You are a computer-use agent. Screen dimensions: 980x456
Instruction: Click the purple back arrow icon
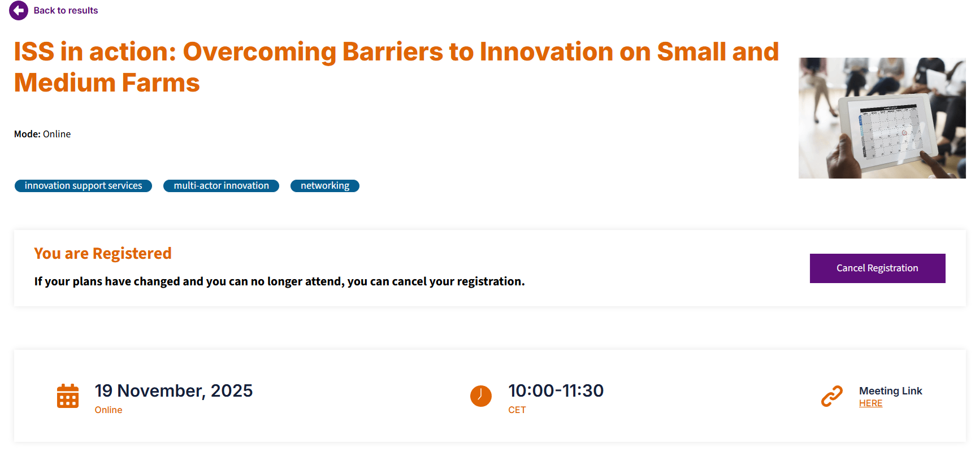pyautogui.click(x=19, y=10)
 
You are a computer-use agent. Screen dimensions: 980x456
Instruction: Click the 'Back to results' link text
pyautogui.click(x=66, y=10)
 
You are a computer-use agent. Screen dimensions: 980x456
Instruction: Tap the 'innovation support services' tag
pyautogui.click(x=83, y=186)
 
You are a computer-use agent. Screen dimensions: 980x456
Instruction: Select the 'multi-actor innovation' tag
pyautogui.click(x=221, y=186)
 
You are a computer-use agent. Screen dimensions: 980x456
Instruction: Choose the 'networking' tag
pyautogui.click(x=325, y=186)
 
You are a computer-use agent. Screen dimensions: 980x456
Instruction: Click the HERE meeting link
pyautogui.click(x=870, y=403)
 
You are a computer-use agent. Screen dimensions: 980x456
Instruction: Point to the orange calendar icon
pyautogui.click(x=68, y=396)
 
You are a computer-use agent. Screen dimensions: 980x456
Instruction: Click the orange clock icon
pyautogui.click(x=481, y=396)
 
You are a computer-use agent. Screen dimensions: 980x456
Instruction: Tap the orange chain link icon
pyautogui.click(x=832, y=396)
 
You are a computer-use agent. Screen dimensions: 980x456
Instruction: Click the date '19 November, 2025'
pyautogui.click(x=174, y=390)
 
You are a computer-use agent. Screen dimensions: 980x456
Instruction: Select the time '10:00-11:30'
pyautogui.click(x=556, y=390)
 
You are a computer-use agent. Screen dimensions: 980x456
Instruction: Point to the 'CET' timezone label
pyautogui.click(x=517, y=410)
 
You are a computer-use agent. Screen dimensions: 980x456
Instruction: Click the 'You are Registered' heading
pyautogui.click(x=103, y=254)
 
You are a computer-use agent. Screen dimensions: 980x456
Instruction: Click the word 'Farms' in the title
pyautogui.click(x=161, y=83)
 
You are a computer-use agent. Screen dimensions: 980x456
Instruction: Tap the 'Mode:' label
pyautogui.click(x=27, y=134)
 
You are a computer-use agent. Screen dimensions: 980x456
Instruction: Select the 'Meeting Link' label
pyautogui.click(x=891, y=391)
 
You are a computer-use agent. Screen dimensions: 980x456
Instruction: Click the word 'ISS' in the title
pyautogui.click(x=34, y=52)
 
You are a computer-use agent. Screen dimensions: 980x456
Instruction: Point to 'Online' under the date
pyautogui.click(x=109, y=410)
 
